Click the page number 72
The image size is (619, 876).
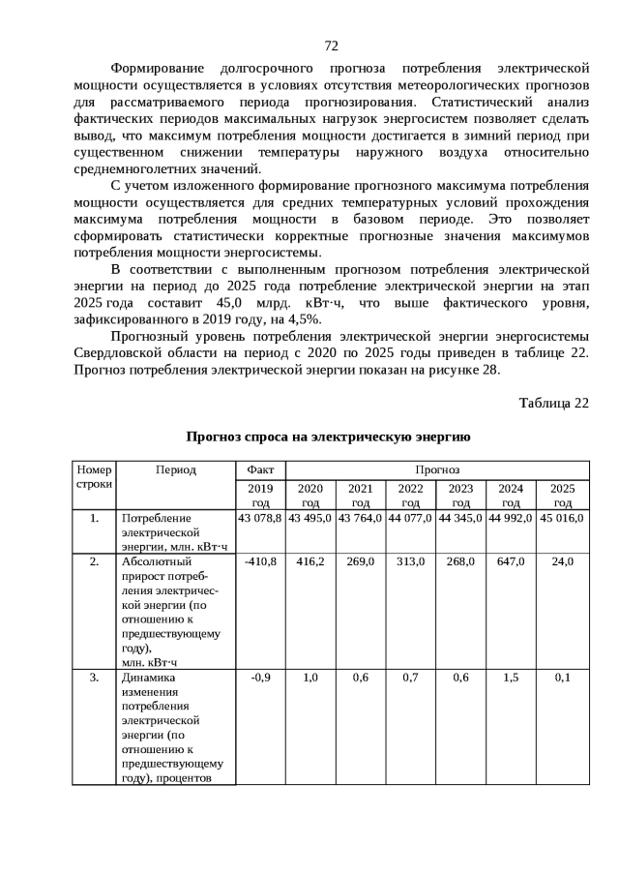331,45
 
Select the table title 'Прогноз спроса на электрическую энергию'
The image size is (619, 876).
329,438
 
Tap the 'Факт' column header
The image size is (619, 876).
259,469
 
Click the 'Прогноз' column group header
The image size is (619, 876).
436,469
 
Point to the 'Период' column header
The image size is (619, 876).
175,469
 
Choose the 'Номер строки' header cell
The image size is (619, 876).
94,476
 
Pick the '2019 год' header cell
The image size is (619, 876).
259,495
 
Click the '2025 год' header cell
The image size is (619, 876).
562,495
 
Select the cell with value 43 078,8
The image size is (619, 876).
259,518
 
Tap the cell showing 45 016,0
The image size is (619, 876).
562,518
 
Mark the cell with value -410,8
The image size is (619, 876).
259,561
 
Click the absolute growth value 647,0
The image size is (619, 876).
512,561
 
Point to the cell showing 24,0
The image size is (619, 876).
562,561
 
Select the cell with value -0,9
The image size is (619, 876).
259,678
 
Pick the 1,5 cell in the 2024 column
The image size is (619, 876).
512,678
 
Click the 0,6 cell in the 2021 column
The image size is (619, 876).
360,678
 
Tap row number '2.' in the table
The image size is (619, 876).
94,561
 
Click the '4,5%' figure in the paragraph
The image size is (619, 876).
306,318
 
